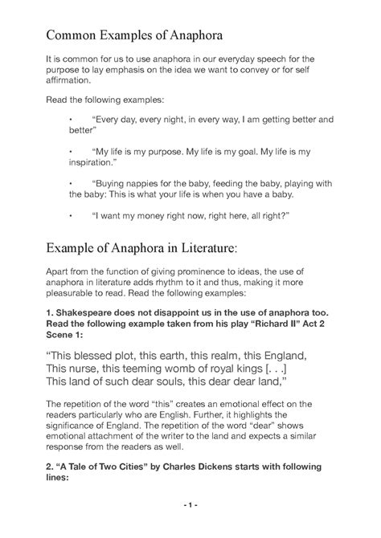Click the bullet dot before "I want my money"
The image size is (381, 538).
point(72,216)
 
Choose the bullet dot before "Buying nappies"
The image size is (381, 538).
point(72,182)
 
